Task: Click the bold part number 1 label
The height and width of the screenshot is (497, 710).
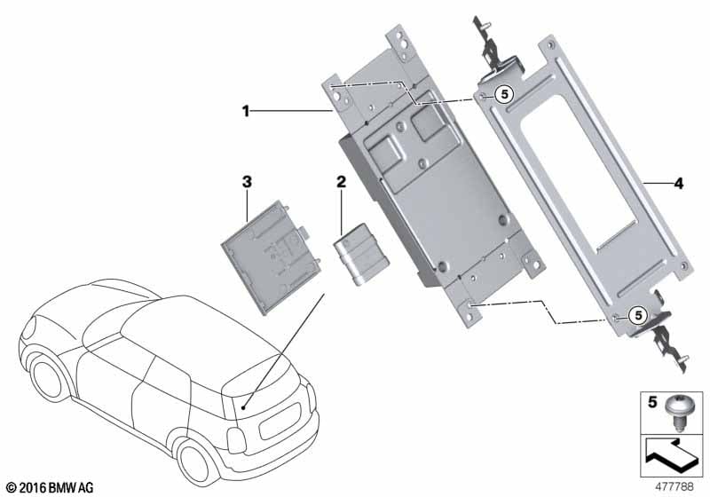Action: point(246,111)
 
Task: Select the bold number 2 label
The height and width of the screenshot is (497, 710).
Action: point(341,182)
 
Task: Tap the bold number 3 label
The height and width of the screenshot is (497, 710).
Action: point(247,182)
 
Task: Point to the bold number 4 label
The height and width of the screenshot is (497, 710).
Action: point(678,184)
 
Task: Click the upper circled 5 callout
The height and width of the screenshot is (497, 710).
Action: point(504,95)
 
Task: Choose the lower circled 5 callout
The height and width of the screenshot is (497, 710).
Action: point(638,315)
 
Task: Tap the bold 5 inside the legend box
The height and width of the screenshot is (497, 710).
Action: point(652,401)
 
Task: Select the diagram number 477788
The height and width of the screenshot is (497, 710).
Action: point(674,486)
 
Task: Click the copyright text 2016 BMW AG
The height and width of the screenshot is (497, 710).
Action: point(51,487)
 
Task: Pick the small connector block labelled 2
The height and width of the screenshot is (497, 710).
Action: point(361,255)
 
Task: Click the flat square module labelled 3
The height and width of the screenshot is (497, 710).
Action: point(272,256)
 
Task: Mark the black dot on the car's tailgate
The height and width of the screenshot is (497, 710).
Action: point(243,408)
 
